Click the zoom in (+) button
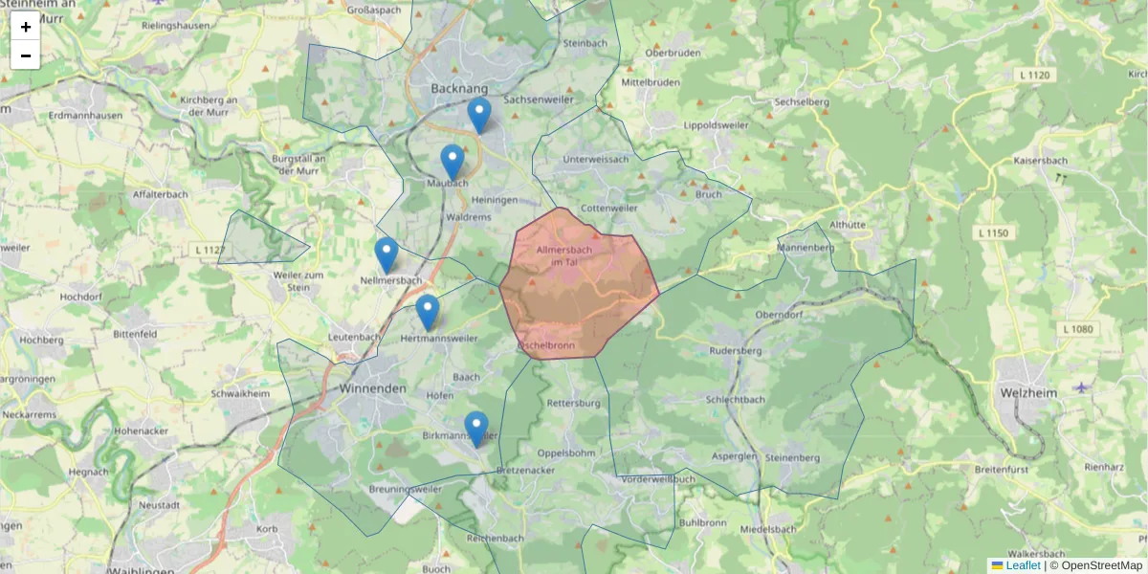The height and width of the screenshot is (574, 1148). pos(26,27)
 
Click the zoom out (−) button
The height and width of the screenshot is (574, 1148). pos(26,55)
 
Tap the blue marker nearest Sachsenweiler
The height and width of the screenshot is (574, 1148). pos(479,115)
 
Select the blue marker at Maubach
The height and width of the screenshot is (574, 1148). pos(453,162)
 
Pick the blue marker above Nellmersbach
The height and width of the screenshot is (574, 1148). pos(386,254)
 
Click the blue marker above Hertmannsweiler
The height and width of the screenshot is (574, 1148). pos(428,312)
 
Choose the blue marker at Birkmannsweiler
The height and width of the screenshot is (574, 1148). pos(476,429)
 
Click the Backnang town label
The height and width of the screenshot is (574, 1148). pos(459,88)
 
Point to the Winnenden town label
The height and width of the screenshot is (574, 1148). pos(373,389)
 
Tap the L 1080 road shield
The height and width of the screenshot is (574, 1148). pos(1076,329)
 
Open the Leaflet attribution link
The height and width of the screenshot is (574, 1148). pos(1023,565)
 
